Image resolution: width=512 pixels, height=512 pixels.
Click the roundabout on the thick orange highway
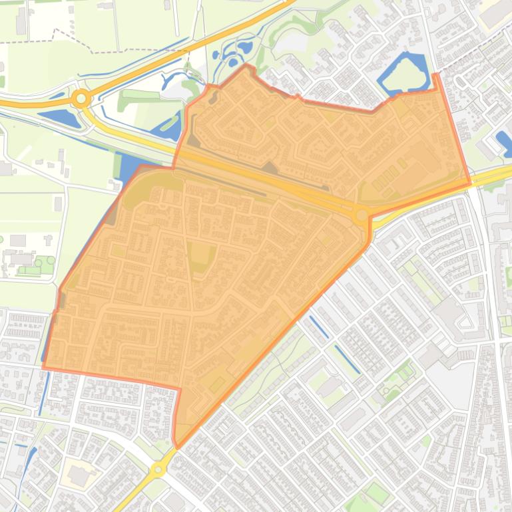81,99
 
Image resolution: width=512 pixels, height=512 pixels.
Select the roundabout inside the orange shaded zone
362,215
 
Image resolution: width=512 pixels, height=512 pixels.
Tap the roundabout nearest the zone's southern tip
158,469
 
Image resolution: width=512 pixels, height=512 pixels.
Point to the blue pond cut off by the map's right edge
505,142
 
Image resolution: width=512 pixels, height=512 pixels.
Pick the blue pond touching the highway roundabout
60,118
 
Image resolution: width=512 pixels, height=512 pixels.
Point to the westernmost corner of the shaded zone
43,366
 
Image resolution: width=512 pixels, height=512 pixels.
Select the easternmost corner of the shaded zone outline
470,182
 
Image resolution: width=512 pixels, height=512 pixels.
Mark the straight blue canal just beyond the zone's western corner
43,392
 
